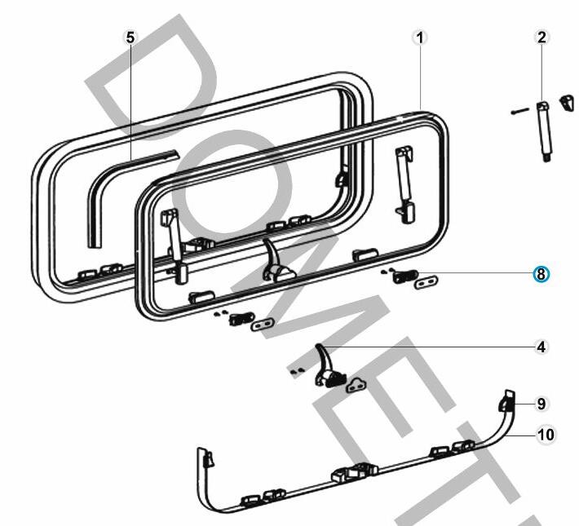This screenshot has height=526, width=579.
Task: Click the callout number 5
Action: click(130, 38)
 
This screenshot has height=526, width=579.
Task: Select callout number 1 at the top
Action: click(420, 38)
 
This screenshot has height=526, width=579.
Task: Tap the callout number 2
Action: click(542, 38)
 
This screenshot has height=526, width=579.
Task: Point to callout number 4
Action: click(541, 347)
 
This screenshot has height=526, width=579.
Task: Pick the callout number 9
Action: click(541, 404)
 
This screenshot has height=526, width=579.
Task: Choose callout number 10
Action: click(546, 435)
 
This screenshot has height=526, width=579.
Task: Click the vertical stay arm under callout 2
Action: click(543, 130)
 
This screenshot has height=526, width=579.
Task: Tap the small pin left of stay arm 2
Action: click(519, 111)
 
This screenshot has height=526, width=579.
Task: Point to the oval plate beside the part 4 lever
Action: click(356, 383)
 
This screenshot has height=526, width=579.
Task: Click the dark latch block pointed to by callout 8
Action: click(404, 276)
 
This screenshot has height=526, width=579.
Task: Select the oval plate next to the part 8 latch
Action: click(426, 282)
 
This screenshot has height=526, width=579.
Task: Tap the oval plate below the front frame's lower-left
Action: click(261, 325)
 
